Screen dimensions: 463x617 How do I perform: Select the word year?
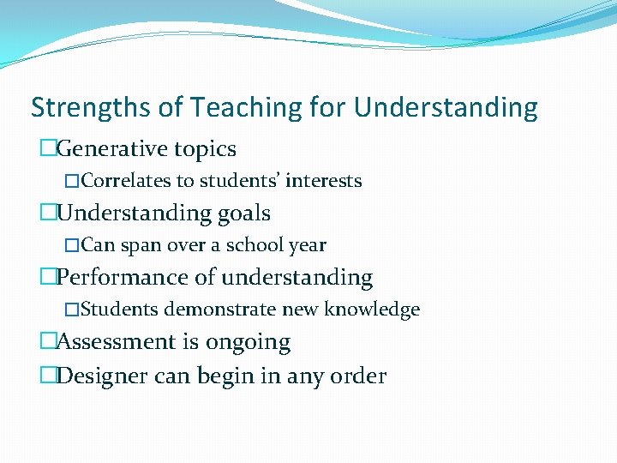pyautogui.click(x=307, y=245)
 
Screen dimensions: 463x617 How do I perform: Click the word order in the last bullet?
pyautogui.click(x=362, y=376)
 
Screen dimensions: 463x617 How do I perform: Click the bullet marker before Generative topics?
pyautogui.click(x=48, y=149)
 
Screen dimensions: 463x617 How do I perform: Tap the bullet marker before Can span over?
pyautogui.click(x=73, y=245)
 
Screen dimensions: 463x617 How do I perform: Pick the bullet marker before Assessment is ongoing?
pyautogui.click(x=48, y=342)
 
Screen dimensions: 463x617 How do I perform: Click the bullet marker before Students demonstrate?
pyautogui.click(x=73, y=310)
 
